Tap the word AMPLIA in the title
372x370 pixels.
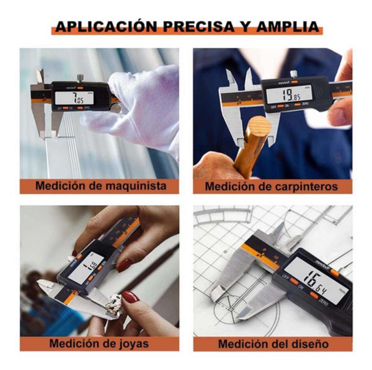coord(288,27)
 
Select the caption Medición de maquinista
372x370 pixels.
coord(101,186)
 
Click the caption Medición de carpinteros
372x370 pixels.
coord(271,186)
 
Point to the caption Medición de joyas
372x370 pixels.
coord(99,343)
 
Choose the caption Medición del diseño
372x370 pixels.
coord(273,344)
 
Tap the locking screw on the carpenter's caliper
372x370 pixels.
coord(293,74)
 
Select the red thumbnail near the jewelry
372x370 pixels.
coord(130,297)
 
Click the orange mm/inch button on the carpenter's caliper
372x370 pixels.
coord(294,82)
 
